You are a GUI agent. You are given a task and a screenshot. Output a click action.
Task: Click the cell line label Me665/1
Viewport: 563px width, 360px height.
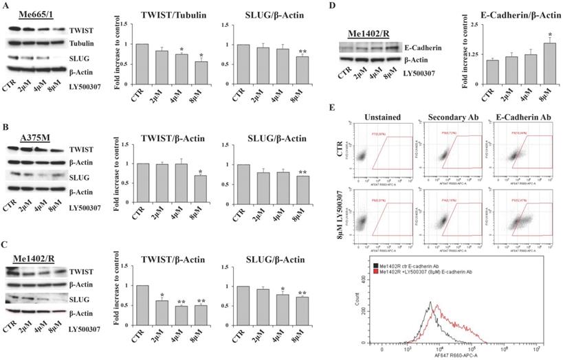point(31,15)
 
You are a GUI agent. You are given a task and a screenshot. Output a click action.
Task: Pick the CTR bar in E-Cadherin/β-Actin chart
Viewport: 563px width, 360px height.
point(473,71)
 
